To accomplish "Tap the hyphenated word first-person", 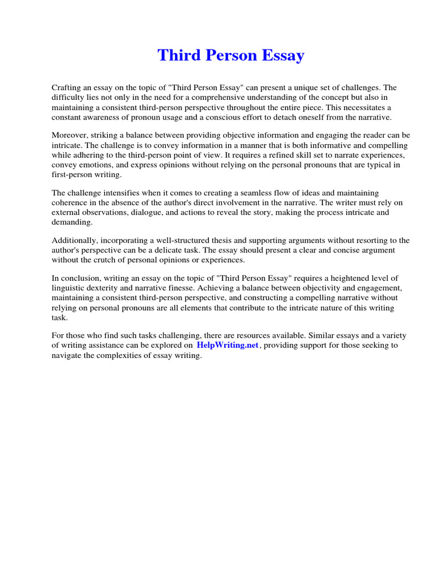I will pyautogui.click(x=74, y=174).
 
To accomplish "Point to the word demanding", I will pyautogui.click(x=71, y=222).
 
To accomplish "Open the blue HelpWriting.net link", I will pyautogui.click(x=228, y=345).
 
